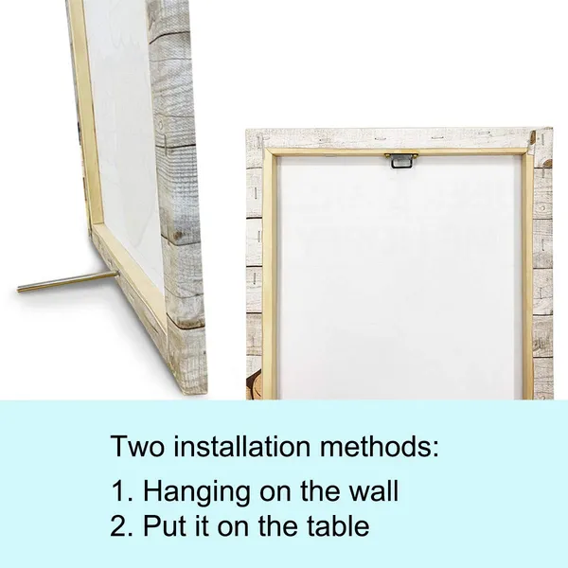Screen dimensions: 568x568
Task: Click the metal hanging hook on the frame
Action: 401,160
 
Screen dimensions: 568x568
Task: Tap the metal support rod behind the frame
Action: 67,281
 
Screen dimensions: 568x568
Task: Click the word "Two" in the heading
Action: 137,446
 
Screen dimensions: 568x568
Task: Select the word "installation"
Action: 241,446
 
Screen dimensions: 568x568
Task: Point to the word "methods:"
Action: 380,446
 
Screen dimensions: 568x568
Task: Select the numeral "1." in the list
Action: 122,490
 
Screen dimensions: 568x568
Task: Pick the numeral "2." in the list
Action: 122,525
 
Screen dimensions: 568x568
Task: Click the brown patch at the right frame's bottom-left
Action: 254,386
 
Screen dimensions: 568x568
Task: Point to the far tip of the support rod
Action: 18,290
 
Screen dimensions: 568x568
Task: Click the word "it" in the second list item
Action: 203,525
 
